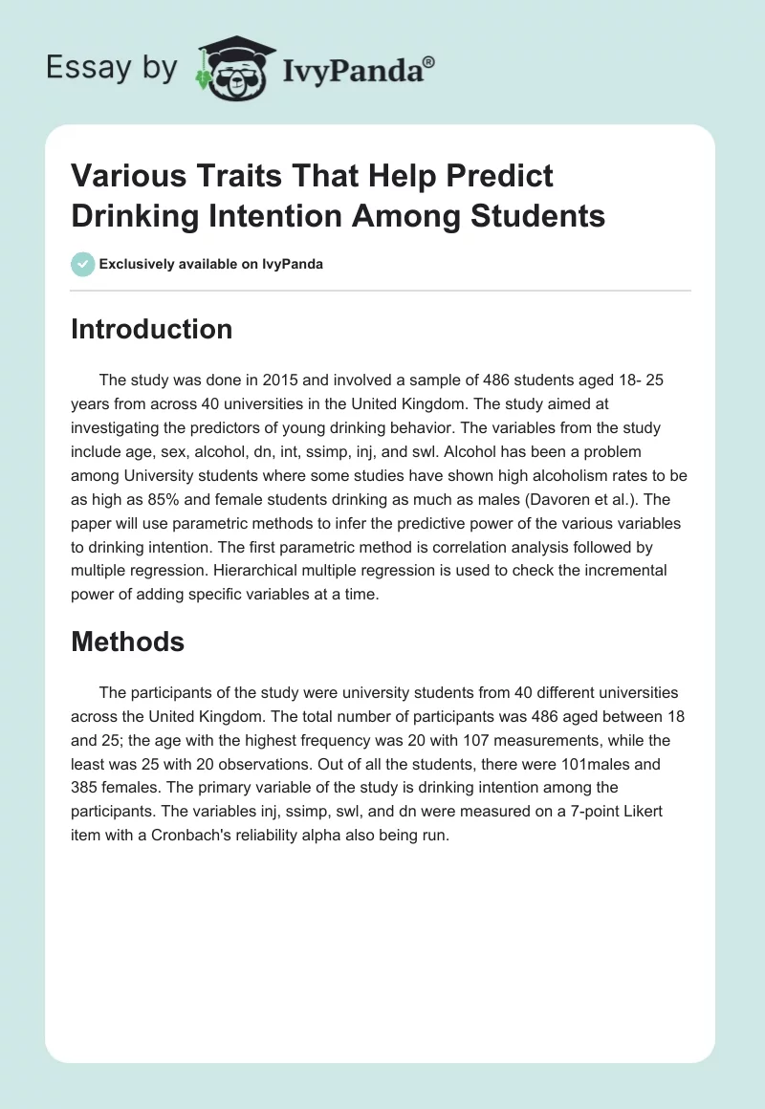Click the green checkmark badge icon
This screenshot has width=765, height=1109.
(x=83, y=264)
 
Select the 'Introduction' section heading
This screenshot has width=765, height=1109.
(x=152, y=329)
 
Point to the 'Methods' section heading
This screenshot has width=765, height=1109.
(x=128, y=641)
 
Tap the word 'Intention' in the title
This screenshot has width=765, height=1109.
(x=288, y=215)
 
